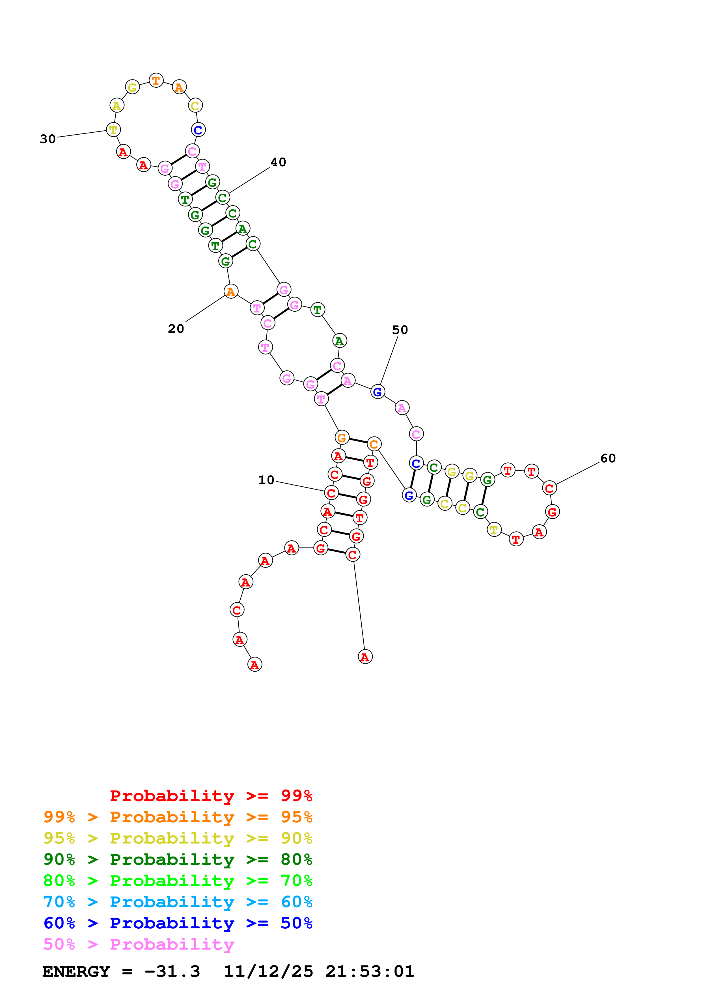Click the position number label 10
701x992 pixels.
point(266,480)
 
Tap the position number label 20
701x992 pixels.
point(176,329)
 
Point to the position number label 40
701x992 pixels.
point(278,162)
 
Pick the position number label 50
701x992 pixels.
point(400,330)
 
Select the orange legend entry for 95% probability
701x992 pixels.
point(178,817)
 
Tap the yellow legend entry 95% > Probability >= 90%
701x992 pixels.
point(178,838)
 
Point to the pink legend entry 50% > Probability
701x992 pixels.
point(138,944)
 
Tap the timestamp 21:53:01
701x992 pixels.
point(370,971)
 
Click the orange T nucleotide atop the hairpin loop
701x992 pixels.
point(156,80)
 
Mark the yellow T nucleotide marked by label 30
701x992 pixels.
point(113,130)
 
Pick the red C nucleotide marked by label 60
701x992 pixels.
point(549,488)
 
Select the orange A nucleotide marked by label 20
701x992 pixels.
point(231,292)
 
